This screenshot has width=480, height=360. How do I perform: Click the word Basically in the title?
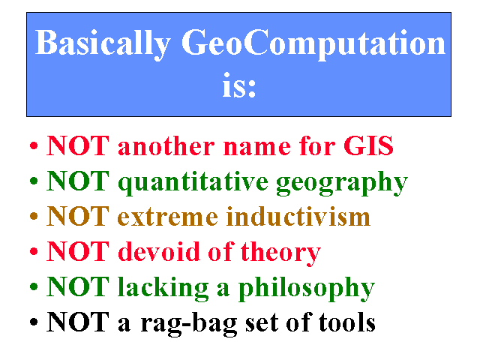[103, 43]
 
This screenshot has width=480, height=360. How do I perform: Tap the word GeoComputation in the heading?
[313, 43]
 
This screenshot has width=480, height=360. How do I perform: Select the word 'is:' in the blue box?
[239, 85]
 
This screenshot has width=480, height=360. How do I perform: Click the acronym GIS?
[368, 145]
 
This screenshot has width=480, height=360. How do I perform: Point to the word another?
[166, 145]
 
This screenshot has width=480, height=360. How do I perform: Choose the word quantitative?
[193, 182]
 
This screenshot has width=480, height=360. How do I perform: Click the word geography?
[342, 182]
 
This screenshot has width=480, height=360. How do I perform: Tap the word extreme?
[168, 217]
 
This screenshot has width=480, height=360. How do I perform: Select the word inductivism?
[298, 216]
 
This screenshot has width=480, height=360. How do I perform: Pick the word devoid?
[159, 251]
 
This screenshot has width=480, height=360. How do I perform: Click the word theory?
[280, 253]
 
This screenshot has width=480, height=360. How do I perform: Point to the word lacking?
[163, 288]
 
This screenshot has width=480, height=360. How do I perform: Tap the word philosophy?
[307, 288]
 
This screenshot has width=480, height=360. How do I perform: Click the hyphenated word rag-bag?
[188, 324]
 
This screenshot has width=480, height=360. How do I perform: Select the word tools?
[346, 322]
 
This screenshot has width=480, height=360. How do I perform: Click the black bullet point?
[34, 322]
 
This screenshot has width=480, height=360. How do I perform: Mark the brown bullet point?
[34, 216]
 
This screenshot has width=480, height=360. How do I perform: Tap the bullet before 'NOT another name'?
[34, 145]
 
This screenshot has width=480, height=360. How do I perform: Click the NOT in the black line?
[78, 322]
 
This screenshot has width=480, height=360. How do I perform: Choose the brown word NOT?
[78, 216]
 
